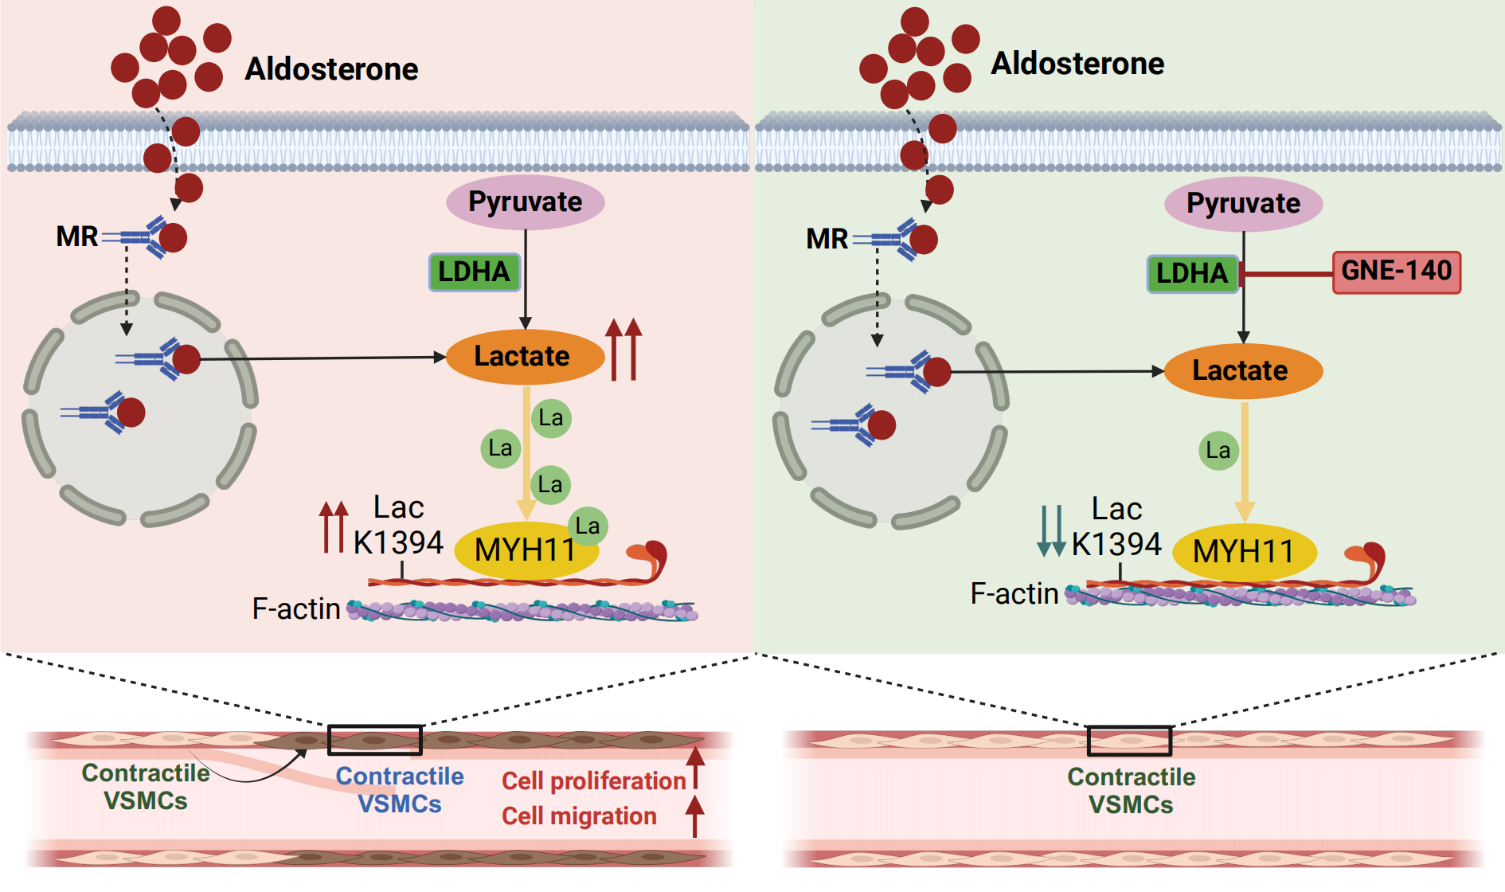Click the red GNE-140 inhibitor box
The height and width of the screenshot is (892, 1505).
pyautogui.click(x=1397, y=272)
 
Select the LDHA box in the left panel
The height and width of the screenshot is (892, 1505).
pyautogui.click(x=475, y=272)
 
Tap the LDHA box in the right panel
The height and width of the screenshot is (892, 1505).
pyautogui.click(x=1192, y=273)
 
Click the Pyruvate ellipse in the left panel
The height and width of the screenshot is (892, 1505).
pyautogui.click(x=526, y=202)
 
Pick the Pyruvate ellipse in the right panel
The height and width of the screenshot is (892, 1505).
pyautogui.click(x=1243, y=204)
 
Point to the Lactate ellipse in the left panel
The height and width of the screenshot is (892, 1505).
pyautogui.click(x=524, y=356)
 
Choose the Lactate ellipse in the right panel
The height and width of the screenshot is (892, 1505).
pyautogui.click(x=1242, y=370)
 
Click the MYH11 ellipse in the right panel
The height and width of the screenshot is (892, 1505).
pyautogui.click(x=1244, y=551)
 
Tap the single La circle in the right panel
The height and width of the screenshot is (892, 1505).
pyautogui.click(x=1218, y=451)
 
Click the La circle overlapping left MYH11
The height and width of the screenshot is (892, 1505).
pyautogui.click(x=588, y=526)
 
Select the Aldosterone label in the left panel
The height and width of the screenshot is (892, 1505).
pyautogui.click(x=331, y=69)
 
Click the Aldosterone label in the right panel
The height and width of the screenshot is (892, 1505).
pyautogui.click(x=1077, y=64)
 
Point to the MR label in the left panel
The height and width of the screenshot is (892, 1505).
pyautogui.click(x=76, y=237)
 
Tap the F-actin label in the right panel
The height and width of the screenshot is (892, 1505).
pyautogui.click(x=1014, y=594)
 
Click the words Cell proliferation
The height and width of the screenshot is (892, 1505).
pyautogui.click(x=593, y=781)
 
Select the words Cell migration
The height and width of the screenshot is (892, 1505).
pyautogui.click(x=579, y=816)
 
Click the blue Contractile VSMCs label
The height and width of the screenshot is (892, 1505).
pyautogui.click(x=400, y=789)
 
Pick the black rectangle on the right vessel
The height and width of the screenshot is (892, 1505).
pyautogui.click(x=1129, y=741)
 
